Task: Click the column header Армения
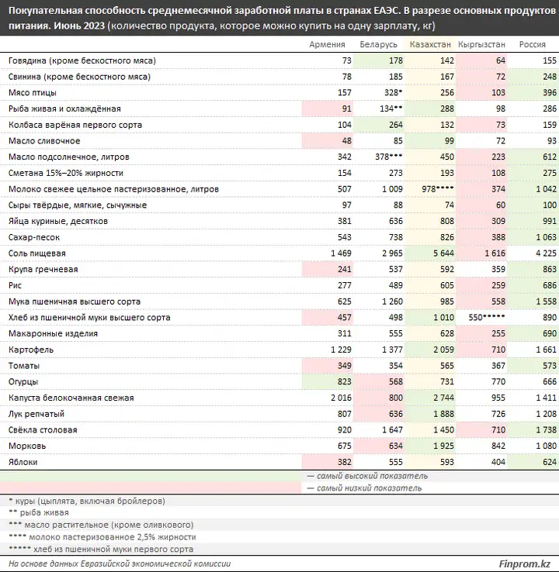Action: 327,44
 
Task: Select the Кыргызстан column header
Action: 481,44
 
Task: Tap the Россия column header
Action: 533,44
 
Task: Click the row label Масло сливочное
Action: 44,141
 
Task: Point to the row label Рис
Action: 15,285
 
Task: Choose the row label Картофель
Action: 31,350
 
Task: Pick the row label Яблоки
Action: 23,462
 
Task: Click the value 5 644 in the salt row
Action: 443,253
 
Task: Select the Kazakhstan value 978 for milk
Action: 429,189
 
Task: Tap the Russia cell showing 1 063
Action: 547,237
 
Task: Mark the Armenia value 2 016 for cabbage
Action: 341,398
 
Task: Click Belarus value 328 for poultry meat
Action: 391,93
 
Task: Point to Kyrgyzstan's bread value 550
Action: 476,317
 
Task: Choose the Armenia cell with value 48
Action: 347,141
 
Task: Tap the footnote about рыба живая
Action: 38,512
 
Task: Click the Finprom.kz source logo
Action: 525,563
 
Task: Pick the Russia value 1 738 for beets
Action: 547,429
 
